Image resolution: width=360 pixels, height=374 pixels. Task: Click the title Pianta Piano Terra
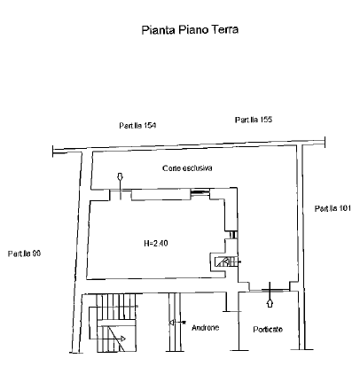point(190,30)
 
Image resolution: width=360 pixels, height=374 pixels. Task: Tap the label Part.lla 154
point(137,126)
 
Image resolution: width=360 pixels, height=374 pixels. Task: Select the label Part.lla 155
point(254,120)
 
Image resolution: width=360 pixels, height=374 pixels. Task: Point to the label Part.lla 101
point(333,208)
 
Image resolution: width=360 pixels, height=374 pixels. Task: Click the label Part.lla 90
point(24,253)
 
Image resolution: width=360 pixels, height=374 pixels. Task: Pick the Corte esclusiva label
point(187,168)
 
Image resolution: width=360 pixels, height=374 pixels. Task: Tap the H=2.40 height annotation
point(156,244)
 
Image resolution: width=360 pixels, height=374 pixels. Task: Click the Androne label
point(206,328)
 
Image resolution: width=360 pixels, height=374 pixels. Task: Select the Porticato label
point(268,329)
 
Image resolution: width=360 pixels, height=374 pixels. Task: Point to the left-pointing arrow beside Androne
point(177,323)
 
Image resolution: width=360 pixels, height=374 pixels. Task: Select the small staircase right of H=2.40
point(226,261)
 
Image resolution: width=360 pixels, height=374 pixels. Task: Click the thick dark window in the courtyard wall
point(200,192)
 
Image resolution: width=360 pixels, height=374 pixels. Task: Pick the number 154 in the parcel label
point(150,126)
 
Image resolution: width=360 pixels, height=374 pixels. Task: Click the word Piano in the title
point(192,30)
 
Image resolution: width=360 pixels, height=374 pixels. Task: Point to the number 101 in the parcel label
point(345,208)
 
